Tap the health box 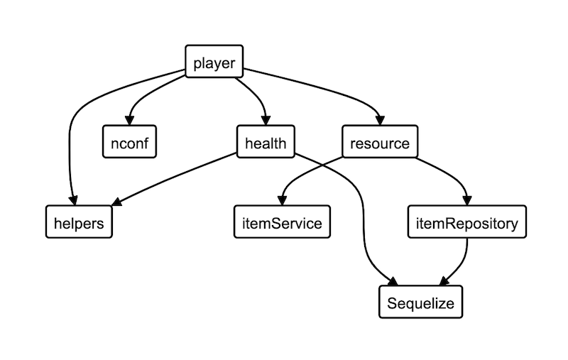(x=265, y=143)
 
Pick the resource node (x=380, y=143)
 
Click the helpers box (x=79, y=223)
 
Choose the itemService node (x=278, y=223)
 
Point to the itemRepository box (x=467, y=223)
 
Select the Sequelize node (x=420, y=303)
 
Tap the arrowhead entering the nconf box (x=129, y=121)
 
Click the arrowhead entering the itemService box (x=283, y=202)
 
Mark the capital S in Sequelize (x=392, y=304)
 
